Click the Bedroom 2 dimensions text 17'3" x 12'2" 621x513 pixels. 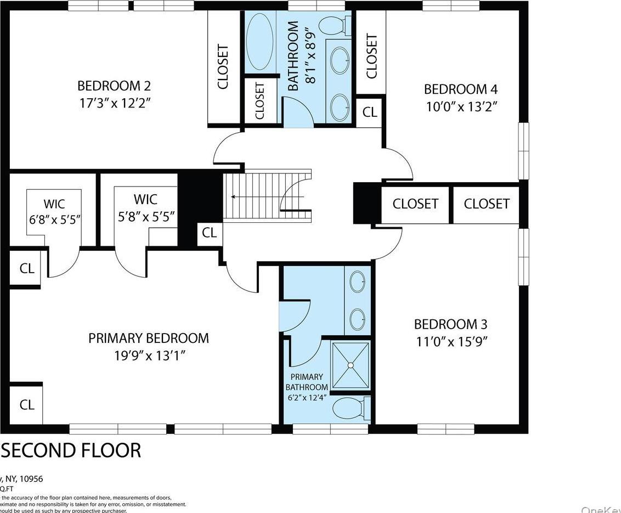(114, 103)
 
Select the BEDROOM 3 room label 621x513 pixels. (450, 324)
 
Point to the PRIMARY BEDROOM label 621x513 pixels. (149, 338)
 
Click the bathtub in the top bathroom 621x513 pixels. (259, 42)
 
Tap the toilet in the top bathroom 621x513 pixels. (333, 25)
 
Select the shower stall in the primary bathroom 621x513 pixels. (351, 364)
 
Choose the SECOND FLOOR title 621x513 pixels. (71, 450)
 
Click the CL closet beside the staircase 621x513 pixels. (209, 233)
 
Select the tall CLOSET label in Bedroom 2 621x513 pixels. (223, 66)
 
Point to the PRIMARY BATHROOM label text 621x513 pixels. (307, 382)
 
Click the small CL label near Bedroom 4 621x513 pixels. (370, 112)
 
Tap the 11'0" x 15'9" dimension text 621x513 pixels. (450, 341)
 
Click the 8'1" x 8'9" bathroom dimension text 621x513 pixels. (311, 57)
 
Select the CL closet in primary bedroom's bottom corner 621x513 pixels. (27, 405)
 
